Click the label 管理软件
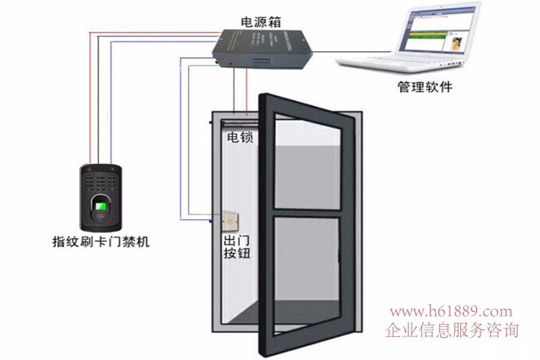tap(424, 87)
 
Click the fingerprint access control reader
tap(100, 197)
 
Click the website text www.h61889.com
tap(451, 311)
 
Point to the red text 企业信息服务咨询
tap(451, 330)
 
